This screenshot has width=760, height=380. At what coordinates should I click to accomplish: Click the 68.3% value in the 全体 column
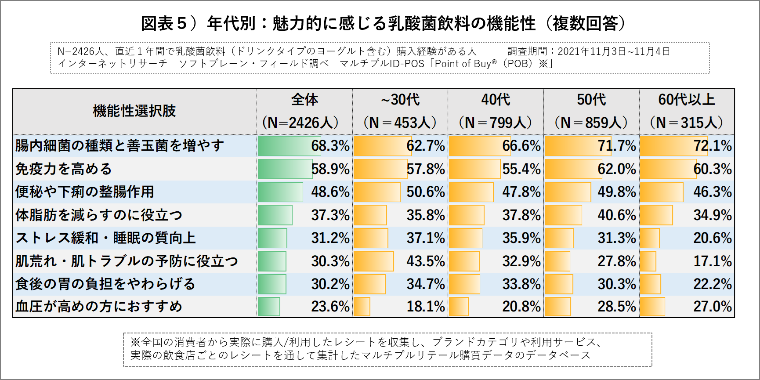(330, 146)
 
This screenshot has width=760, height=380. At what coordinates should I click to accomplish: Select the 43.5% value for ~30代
(425, 261)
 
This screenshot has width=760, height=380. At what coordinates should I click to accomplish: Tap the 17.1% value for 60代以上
(712, 261)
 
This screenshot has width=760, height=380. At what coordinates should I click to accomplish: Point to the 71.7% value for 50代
(616, 146)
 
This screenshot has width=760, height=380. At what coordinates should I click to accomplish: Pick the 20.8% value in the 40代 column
(521, 307)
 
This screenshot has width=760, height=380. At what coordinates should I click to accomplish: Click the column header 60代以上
(686, 100)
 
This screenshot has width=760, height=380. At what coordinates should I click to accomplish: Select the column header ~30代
(400, 100)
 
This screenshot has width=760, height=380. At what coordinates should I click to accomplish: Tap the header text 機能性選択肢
(134, 111)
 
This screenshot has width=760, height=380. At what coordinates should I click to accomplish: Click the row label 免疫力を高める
(64, 169)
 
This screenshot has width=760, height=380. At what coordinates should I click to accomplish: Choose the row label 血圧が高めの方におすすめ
(99, 307)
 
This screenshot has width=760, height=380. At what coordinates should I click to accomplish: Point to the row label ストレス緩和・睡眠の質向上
(105, 238)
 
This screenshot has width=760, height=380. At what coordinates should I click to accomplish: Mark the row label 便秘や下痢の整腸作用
(85, 192)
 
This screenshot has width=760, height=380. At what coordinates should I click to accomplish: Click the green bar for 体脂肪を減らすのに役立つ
(275, 215)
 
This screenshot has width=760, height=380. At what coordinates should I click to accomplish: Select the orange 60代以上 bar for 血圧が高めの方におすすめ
(652, 307)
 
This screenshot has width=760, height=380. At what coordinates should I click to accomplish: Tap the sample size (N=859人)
(591, 123)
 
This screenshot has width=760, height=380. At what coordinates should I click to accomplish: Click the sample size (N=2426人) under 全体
(300, 123)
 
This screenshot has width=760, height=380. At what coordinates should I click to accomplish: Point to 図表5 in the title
(164, 23)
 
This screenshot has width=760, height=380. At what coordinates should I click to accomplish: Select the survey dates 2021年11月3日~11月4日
(614, 51)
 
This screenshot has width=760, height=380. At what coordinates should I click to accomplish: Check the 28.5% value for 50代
(616, 307)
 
